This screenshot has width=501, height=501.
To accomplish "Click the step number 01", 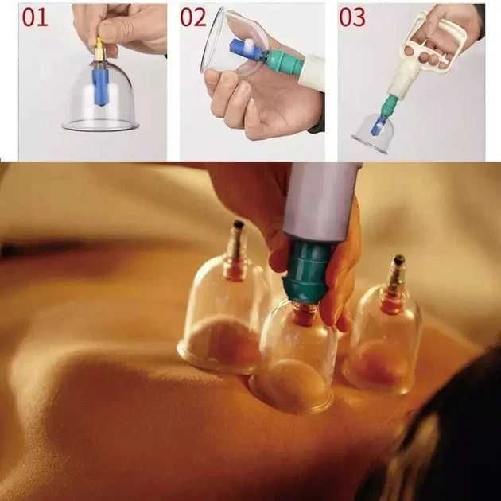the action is (35, 17).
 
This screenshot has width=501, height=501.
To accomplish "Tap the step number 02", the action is (193, 17).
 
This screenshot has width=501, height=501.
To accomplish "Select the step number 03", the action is (352, 17).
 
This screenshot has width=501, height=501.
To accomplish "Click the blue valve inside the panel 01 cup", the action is (100, 87).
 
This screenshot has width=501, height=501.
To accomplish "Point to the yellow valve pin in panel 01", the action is (99, 49).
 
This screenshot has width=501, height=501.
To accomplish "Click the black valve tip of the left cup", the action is (238, 224).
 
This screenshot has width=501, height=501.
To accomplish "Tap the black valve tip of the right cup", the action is (398, 260).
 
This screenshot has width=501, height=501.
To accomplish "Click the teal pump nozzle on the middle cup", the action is (306, 272).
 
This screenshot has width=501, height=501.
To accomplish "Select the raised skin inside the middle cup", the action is (291, 383).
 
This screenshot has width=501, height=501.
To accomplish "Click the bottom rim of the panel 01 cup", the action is (100, 129).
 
